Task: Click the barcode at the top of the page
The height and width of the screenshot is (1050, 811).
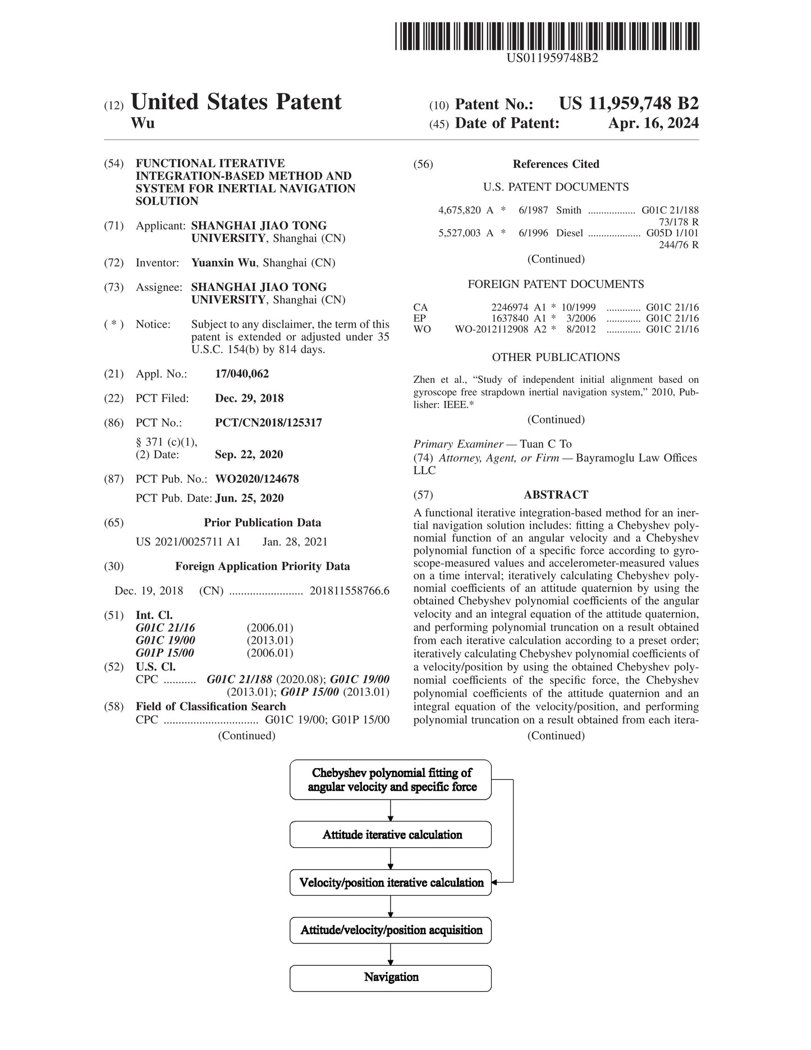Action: coord(547,36)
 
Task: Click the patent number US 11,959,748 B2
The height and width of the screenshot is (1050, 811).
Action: coord(629,104)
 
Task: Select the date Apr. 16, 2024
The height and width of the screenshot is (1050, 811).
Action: coord(653,124)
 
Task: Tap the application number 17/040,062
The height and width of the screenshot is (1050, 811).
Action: coord(242,374)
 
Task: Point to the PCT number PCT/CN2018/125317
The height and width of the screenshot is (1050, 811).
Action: coord(268,423)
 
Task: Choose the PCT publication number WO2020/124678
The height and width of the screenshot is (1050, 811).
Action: coord(257,479)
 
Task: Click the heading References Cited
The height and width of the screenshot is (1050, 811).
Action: coord(556,165)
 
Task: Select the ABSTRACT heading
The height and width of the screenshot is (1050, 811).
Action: coord(556,495)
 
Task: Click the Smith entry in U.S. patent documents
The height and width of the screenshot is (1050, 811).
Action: coord(569,211)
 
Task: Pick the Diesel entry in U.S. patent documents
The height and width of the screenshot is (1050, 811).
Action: coord(569,233)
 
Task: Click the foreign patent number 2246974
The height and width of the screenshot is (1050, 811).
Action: coord(510,307)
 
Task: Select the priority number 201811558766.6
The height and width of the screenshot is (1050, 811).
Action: coord(349,591)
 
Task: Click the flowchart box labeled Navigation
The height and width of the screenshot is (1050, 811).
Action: coord(391,978)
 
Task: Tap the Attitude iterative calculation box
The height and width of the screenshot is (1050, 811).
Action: coord(391,835)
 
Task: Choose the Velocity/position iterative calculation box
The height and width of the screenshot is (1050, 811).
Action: coord(391,883)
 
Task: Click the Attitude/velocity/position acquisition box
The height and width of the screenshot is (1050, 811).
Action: coord(391,930)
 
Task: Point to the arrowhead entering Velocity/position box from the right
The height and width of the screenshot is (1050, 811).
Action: coord(495,882)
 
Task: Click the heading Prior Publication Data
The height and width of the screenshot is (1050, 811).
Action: coord(262,523)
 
